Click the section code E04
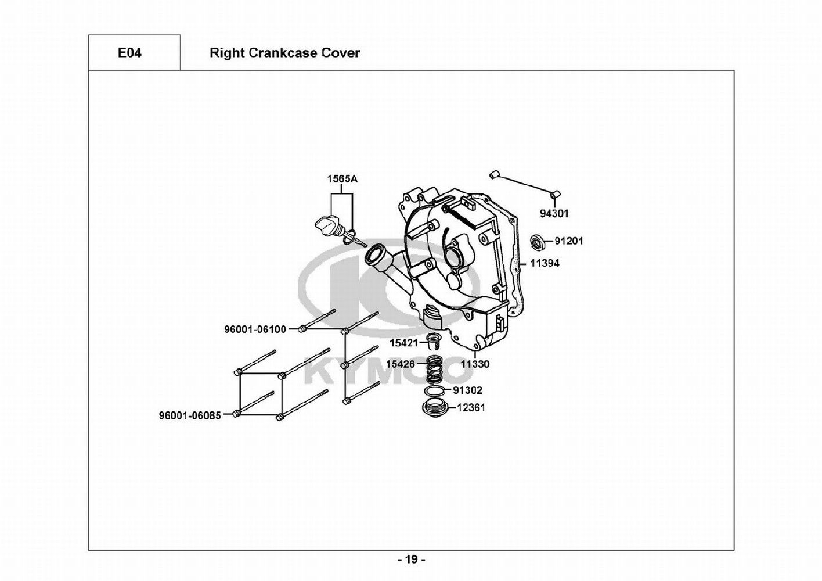point(129,53)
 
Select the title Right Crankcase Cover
point(284,53)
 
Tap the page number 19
point(412,560)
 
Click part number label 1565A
point(342,179)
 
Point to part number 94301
point(554,214)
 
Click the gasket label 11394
point(545,263)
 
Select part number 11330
point(475,364)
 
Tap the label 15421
point(403,343)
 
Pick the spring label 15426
point(401,364)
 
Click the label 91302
point(467,390)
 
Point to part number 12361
point(471,407)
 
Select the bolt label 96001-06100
point(255,329)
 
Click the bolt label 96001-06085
point(190,415)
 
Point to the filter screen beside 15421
point(433,342)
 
